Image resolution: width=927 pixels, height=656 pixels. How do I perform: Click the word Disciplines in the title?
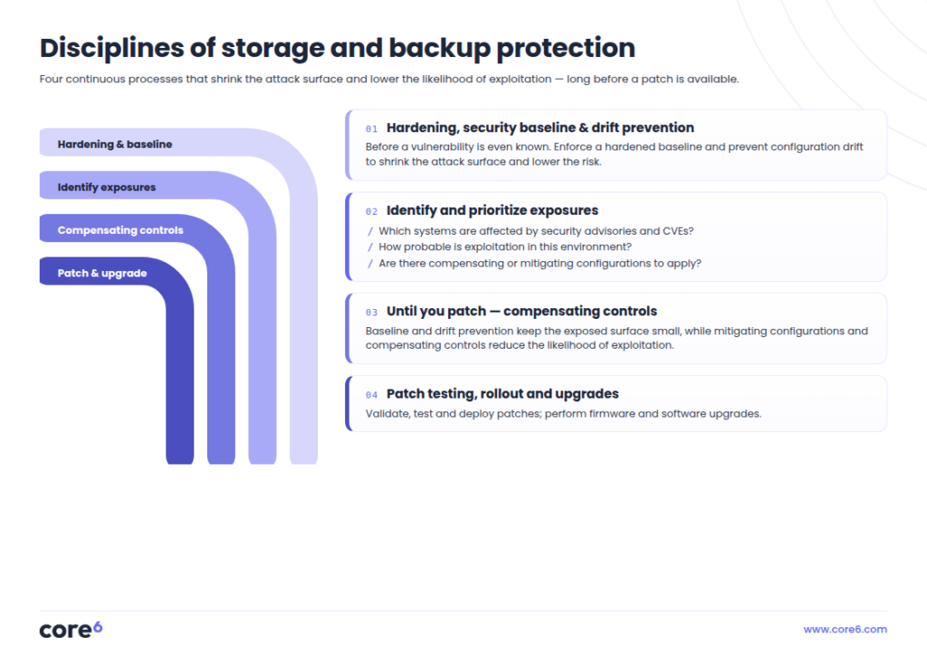[x=111, y=49]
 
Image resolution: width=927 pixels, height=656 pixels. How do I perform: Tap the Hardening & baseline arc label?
[x=115, y=144]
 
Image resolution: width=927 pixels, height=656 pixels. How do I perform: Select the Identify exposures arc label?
[x=107, y=188]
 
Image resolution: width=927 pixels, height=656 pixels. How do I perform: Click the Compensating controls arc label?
[x=120, y=230]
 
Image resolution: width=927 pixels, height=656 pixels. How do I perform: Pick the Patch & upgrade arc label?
[x=101, y=274]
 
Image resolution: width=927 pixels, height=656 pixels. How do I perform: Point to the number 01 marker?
[x=371, y=129]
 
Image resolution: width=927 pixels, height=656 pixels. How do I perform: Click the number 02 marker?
[x=371, y=212]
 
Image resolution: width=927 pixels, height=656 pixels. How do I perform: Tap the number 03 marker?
[x=371, y=313]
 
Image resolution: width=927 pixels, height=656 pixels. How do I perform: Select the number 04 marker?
[x=371, y=395]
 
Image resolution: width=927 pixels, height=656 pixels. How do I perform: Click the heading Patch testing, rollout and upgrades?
[x=502, y=394]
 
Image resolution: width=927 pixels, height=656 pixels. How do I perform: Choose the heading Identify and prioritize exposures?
[x=492, y=210]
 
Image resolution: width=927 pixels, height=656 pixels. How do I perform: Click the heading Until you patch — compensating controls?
[x=521, y=311]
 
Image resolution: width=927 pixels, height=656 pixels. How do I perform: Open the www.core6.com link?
[x=845, y=630]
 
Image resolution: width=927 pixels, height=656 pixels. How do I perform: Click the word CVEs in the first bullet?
[x=678, y=231]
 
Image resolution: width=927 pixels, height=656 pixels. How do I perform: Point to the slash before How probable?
[x=370, y=247]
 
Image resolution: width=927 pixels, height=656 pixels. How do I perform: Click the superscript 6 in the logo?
[x=98, y=626]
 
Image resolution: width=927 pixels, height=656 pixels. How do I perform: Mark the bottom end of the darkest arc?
[x=180, y=463]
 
